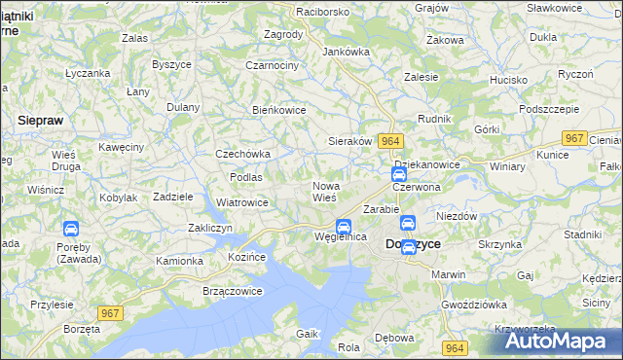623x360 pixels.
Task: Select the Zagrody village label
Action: tap(283, 34)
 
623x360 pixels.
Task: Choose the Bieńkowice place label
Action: tap(279, 110)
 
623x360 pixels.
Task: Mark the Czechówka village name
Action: tap(242, 154)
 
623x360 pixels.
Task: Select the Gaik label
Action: tap(308, 334)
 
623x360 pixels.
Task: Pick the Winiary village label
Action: tap(507, 166)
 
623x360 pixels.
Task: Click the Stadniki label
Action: tap(582, 234)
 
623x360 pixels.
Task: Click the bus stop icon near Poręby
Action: tap(71, 230)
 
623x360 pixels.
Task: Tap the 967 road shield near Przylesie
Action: tap(111, 311)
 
